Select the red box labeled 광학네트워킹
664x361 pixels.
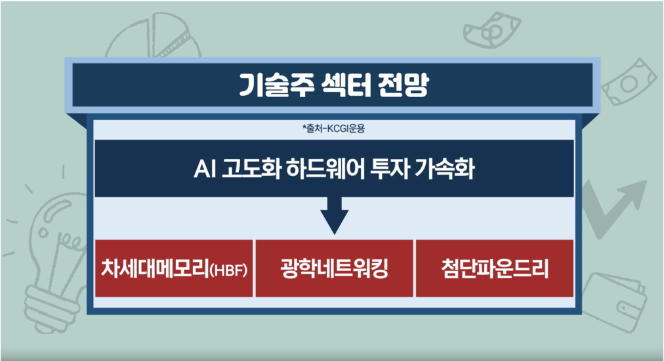334,268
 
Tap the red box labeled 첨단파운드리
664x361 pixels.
494,268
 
